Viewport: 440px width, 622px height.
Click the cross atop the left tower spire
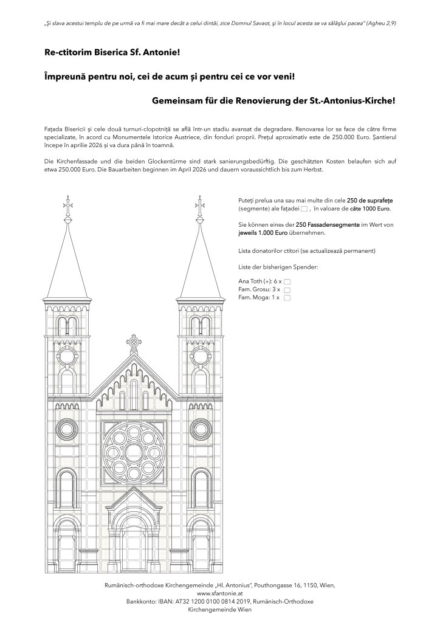point(67,203)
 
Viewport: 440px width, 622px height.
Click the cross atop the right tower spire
point(199,203)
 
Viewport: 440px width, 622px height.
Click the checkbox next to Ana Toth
point(287,282)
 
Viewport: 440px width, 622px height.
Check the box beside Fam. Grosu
point(287,290)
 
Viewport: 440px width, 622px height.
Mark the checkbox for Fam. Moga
point(287,299)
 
